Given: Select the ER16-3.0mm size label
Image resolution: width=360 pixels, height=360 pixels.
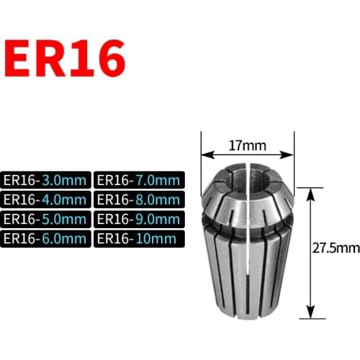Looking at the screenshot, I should click(x=46, y=180).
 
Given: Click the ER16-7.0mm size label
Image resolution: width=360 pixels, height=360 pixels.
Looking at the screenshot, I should click(x=139, y=180).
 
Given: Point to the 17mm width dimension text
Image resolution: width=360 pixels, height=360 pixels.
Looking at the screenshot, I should click(x=248, y=145).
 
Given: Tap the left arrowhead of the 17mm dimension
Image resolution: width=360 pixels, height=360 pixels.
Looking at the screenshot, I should click(x=204, y=154).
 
